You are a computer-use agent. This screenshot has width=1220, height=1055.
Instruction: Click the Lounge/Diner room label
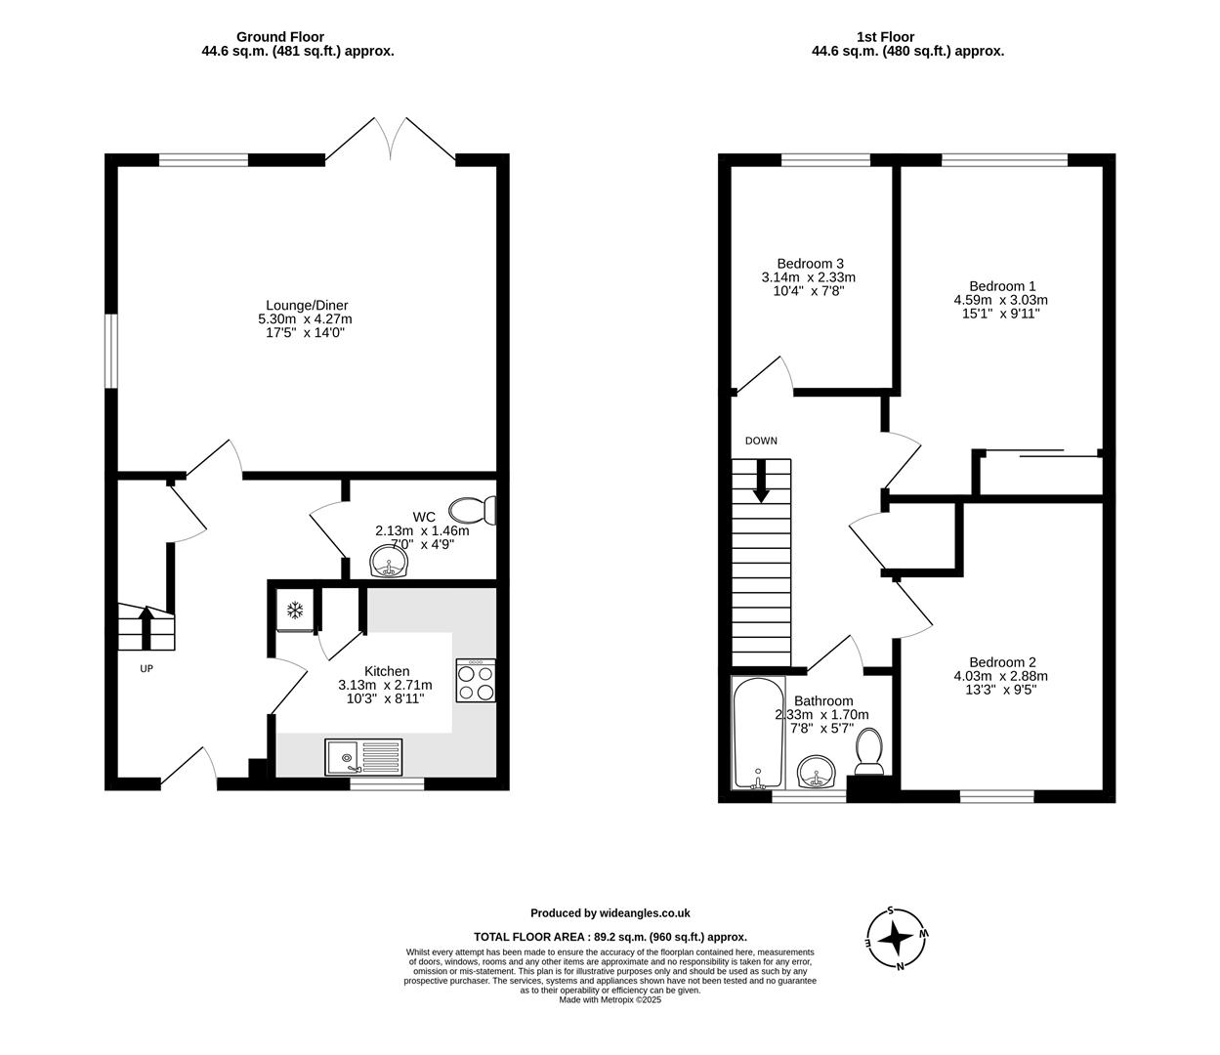[307, 305]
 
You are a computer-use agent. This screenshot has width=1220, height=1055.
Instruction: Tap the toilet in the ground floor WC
[474, 510]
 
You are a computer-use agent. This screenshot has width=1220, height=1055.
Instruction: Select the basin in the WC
[389, 562]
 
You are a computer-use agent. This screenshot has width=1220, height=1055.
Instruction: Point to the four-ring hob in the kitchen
[476, 681]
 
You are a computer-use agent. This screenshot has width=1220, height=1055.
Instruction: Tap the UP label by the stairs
[147, 669]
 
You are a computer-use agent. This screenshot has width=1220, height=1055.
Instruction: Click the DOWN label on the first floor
[761, 441]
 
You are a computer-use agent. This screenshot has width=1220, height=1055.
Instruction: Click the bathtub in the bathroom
[757, 733]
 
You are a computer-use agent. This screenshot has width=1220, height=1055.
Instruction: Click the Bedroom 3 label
[810, 264]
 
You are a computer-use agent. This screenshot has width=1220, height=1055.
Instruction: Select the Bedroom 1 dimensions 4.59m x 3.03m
[1000, 300]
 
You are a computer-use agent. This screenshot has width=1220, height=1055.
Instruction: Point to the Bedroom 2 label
[1002, 661]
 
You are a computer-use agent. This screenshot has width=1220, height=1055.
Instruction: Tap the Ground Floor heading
[279, 37]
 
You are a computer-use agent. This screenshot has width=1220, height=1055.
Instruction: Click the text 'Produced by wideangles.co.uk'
[610, 913]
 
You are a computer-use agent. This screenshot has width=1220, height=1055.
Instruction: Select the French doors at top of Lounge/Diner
[391, 140]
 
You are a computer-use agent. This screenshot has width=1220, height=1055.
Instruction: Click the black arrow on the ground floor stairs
[147, 625]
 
